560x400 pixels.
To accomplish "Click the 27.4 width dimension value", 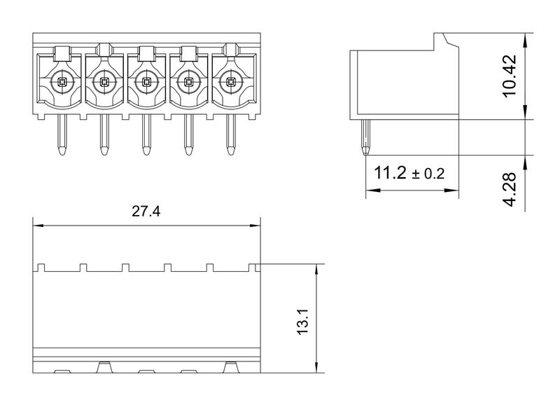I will tap(146, 212).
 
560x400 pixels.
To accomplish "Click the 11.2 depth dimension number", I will tap(390, 173).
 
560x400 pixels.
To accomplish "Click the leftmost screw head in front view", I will tap(62, 82).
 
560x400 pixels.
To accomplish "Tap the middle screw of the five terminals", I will tap(146, 82).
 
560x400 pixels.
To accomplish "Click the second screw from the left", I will tap(104, 82).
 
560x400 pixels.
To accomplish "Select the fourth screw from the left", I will tap(188, 82).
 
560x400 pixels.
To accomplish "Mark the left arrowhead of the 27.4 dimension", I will tap(38, 226).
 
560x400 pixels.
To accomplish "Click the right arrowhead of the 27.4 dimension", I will tap(256, 226).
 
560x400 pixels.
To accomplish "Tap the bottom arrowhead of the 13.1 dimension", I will tap(317, 368).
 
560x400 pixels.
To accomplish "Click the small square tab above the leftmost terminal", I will tap(62, 51).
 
